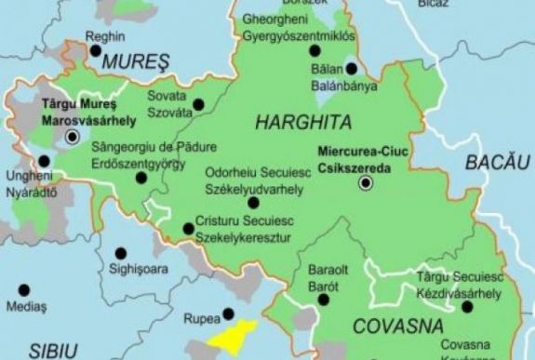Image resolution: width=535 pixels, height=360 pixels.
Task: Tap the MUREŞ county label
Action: pos(138,62)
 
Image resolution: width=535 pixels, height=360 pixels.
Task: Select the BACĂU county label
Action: pos(490,163)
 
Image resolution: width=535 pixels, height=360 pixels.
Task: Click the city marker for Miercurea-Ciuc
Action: pos(366,183)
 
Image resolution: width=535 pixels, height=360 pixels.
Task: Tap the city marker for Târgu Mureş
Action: pos(73,138)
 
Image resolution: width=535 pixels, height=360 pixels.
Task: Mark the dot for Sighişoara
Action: pos(120,252)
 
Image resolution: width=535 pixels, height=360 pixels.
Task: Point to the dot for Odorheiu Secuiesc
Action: pos(253,202)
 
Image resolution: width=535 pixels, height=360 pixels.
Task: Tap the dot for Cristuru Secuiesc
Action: pos(189,227)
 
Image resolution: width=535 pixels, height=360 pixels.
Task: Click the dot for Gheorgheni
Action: pos(314,49)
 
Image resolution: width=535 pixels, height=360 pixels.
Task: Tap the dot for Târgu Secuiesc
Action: pos(466,306)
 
